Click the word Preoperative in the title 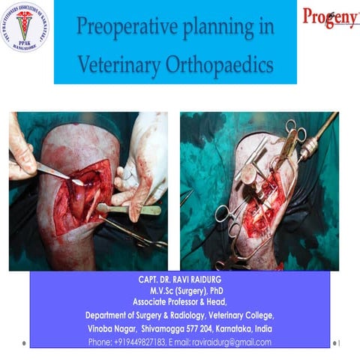coord(121,29)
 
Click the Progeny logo coord(331,16)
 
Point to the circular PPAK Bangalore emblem coord(23,26)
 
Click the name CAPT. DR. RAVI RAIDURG coord(178,279)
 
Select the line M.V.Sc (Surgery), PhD coord(178,290)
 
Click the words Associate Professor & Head coord(178,302)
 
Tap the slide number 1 coord(340,343)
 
